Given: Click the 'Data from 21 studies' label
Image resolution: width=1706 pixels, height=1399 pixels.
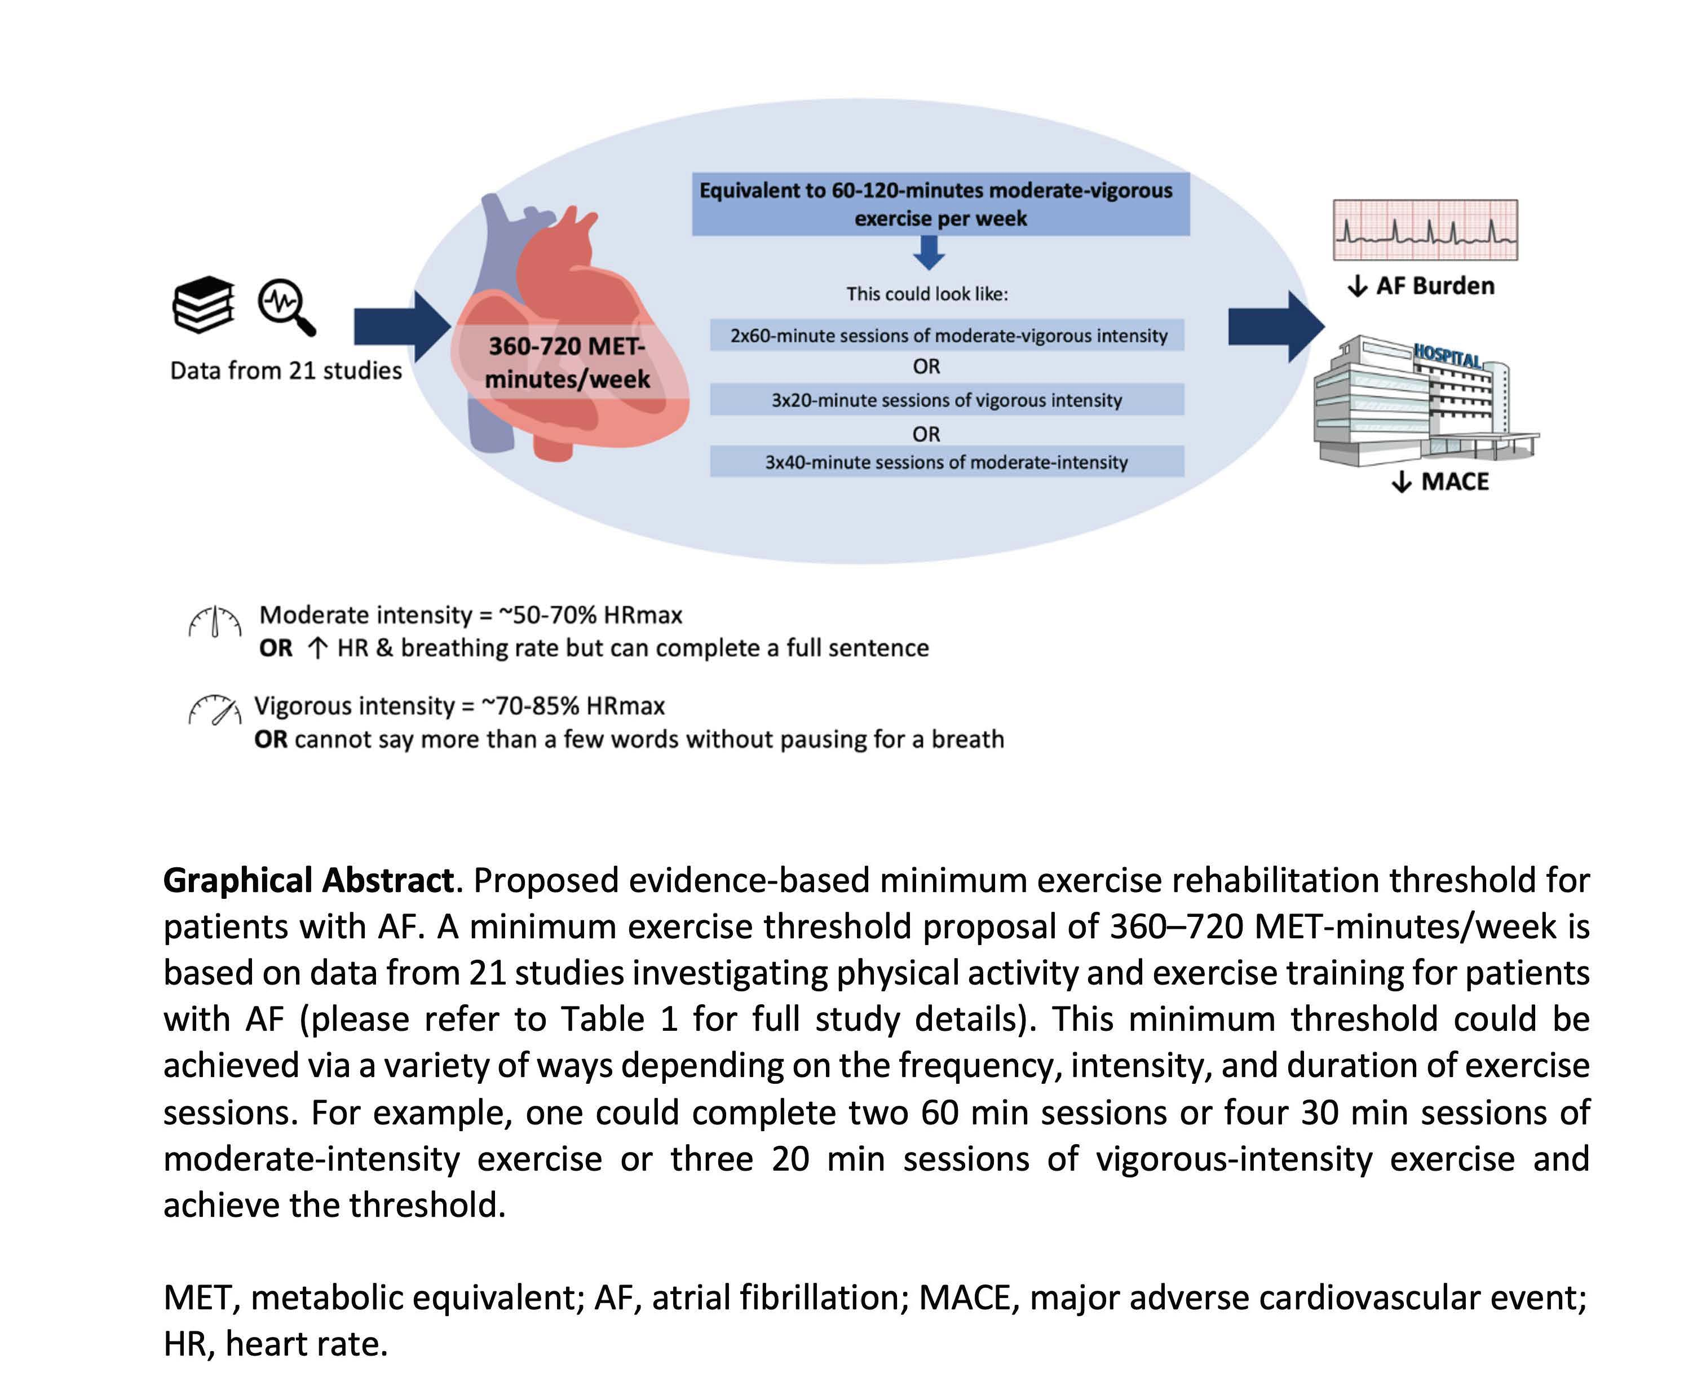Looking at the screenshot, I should [285, 370].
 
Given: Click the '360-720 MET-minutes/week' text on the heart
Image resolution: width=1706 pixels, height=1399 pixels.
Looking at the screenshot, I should [567, 363].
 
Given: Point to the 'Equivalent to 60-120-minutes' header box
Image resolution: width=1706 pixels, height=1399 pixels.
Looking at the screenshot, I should [940, 204].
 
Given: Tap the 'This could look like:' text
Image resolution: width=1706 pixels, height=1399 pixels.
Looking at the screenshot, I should [927, 294].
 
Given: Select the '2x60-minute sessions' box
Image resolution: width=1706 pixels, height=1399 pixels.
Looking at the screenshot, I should [947, 336].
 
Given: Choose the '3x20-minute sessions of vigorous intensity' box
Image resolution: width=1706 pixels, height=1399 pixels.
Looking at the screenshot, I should [947, 400].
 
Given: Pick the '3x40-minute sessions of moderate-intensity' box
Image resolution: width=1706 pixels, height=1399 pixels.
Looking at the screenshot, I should [947, 462].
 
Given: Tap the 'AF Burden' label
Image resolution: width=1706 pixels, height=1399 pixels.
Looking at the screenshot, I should [1434, 286].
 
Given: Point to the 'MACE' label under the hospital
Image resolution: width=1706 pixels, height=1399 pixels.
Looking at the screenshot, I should [1454, 482].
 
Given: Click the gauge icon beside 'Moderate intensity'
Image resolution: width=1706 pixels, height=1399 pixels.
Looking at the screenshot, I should [214, 622].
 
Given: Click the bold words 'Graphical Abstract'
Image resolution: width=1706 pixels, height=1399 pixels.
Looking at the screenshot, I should [308, 881].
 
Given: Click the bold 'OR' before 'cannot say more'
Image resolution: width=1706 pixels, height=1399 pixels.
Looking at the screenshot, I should [271, 740].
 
